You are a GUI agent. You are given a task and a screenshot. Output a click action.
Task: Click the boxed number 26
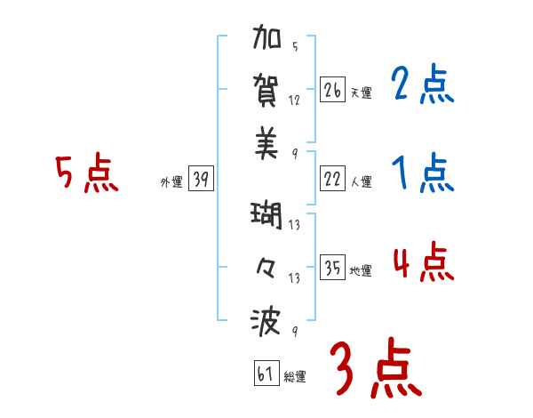(333, 91)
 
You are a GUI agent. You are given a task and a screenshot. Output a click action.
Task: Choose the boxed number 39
(201, 180)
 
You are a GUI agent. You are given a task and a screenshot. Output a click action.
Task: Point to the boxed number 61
(264, 374)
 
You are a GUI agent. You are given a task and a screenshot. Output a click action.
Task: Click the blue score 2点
(423, 85)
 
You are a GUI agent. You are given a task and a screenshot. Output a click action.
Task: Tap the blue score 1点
(423, 174)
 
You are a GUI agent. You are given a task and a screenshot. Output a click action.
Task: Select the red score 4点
(423, 262)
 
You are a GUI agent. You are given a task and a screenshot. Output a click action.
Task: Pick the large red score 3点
(376, 369)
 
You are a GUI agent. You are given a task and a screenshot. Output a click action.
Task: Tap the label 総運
(294, 377)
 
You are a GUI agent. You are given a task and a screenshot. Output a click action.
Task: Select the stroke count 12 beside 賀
(295, 100)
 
